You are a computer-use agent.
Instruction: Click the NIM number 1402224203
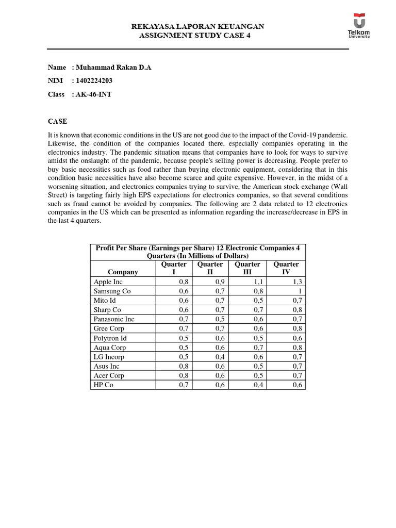tap(94, 81)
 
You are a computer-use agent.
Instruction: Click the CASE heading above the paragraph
tap(57, 121)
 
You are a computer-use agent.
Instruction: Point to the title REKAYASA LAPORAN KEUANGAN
tap(198, 26)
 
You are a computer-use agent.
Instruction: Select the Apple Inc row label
tap(108, 282)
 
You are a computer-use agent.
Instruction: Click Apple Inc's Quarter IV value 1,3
tap(297, 282)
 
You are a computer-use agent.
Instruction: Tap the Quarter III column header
tap(247, 268)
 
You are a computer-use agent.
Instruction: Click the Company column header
tap(123, 272)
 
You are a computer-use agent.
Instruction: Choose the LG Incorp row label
tap(109, 357)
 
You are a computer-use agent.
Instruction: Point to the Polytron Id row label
tap(110, 338)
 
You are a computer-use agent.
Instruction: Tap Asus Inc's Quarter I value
tap(184, 366)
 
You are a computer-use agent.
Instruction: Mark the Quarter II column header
tap(209, 268)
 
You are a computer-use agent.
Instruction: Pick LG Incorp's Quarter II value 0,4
tap(221, 357)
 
